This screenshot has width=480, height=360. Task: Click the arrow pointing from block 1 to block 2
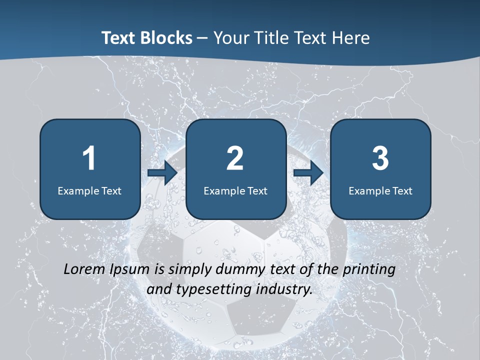(162, 173)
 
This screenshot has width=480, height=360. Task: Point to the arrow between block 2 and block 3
(308, 173)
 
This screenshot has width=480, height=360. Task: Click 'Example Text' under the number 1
(89, 190)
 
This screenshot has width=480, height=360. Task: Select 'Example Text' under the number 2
(235, 190)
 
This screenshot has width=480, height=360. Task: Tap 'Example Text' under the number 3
(380, 190)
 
